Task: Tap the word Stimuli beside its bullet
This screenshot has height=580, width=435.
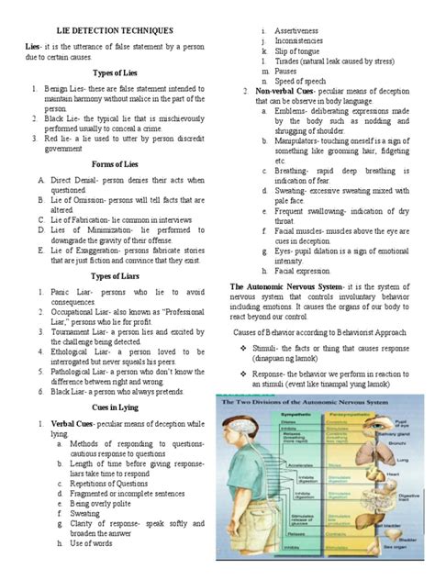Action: point(270,350)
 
